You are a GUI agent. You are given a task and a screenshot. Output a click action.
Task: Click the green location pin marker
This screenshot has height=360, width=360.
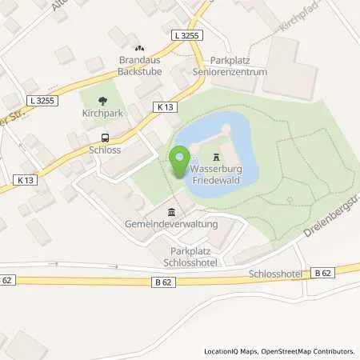pyautogui.click(x=179, y=161)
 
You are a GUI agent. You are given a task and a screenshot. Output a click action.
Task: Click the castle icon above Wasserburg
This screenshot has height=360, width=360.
pyautogui.click(x=217, y=158)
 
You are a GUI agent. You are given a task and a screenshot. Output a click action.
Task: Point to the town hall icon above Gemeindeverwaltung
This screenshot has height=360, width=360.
pyautogui.click(x=171, y=211)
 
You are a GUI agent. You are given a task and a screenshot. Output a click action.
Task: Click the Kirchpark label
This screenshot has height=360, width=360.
pyautogui.click(x=102, y=114)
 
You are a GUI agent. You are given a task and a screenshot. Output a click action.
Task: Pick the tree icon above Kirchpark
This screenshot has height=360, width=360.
pyautogui.click(x=102, y=101)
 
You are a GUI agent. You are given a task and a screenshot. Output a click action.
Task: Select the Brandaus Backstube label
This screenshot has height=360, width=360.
pyautogui.click(x=140, y=66)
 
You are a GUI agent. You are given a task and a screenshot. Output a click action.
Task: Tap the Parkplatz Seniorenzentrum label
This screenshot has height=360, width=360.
pyautogui.click(x=238, y=66)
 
